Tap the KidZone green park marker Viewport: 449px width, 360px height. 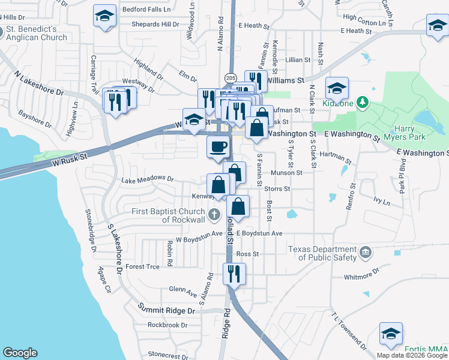(x=362, y=103)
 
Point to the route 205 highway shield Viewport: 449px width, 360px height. (x=231, y=78)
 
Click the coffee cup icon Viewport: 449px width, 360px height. (x=218, y=146)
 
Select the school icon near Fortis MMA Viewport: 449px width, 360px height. (x=391, y=332)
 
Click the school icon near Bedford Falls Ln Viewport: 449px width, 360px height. (x=105, y=16)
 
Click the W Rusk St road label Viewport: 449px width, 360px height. (x=70, y=160)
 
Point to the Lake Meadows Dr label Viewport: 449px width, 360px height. (x=147, y=179)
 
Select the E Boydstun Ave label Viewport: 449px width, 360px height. (x=259, y=233)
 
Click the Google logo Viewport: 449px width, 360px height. (x=20, y=353)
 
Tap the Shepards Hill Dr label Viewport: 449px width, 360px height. (x=151, y=25)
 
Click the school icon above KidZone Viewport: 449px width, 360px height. (x=337, y=88)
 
